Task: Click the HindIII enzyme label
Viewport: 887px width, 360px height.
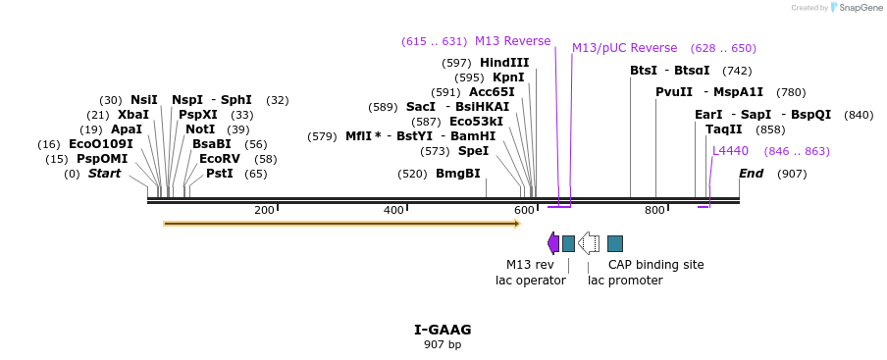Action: click(504, 63)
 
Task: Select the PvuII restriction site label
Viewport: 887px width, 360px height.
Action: click(674, 92)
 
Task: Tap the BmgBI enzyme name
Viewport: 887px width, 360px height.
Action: click(458, 174)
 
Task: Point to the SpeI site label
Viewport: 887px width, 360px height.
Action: click(473, 151)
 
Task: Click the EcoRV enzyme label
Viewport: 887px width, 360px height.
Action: click(219, 159)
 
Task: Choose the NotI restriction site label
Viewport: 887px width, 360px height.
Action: click(200, 129)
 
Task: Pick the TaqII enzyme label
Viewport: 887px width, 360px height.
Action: click(724, 129)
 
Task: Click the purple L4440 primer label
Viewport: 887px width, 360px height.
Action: click(730, 151)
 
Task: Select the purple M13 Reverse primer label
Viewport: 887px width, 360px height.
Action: click(512, 41)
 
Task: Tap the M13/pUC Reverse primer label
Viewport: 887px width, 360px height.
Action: click(624, 48)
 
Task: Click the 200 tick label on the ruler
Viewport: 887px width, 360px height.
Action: click(264, 210)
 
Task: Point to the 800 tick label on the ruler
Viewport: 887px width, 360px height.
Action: click(654, 210)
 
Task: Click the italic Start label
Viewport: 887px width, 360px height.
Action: click(105, 174)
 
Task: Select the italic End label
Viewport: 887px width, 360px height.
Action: click(751, 174)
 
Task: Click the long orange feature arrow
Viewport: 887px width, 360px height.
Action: click(340, 224)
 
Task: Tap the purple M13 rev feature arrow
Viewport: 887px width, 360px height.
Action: click(553, 243)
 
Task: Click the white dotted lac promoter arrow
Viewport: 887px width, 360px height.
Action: click(589, 243)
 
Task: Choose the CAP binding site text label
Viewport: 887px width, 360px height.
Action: click(655, 265)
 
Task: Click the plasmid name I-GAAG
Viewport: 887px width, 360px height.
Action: click(443, 330)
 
